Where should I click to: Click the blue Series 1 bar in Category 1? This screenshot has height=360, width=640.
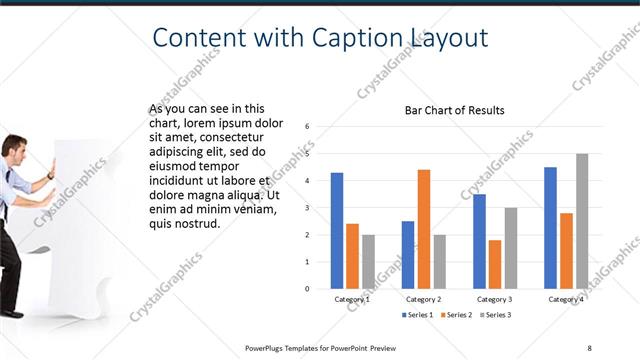click(337, 231)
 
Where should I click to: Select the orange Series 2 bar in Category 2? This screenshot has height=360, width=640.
click(424, 229)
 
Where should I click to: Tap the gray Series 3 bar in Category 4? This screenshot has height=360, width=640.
click(582, 221)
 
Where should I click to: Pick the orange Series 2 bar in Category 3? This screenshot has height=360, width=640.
click(495, 264)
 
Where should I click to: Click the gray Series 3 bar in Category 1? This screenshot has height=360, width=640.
click(368, 262)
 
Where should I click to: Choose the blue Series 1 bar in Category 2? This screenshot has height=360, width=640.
click(408, 255)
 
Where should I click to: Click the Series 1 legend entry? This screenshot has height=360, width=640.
click(417, 316)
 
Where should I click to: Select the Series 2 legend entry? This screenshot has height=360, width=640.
click(455, 316)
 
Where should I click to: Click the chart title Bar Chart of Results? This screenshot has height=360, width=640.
click(454, 110)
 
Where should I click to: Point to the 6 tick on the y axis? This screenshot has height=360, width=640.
click(308, 127)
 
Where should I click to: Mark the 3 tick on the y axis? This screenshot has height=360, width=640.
click(308, 208)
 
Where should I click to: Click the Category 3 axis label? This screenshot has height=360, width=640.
click(495, 299)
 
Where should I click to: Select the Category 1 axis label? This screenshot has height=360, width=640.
click(352, 299)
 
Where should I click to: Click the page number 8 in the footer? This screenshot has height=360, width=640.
click(589, 347)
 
